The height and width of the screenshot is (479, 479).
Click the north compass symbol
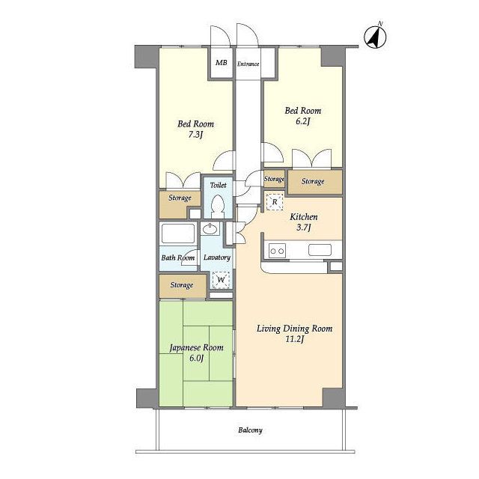click(375, 37)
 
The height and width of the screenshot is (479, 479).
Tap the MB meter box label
click(222, 63)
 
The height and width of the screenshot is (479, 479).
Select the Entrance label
click(248, 64)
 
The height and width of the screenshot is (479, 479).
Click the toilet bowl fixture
click(218, 206)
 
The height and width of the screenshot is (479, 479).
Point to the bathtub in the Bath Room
click(178, 234)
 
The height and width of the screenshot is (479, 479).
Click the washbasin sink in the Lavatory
click(210, 228)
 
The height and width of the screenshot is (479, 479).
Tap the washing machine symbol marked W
click(222, 279)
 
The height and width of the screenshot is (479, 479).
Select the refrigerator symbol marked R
click(275, 201)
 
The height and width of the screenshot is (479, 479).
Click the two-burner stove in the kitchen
click(277, 251)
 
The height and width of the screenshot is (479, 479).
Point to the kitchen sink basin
click(320, 250)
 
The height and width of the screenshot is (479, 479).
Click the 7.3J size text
click(195, 135)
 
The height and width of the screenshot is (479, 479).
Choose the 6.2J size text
click(302, 121)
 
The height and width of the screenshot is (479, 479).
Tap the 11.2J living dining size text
click(294, 339)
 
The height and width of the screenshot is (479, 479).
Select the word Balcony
click(250, 430)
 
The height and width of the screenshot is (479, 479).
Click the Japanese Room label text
click(196, 347)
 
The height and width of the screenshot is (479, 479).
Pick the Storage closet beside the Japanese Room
click(183, 286)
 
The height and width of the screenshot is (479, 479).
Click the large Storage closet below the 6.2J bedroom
click(314, 182)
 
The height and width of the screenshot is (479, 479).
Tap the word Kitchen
click(303, 217)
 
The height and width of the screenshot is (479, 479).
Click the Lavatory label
click(217, 257)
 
